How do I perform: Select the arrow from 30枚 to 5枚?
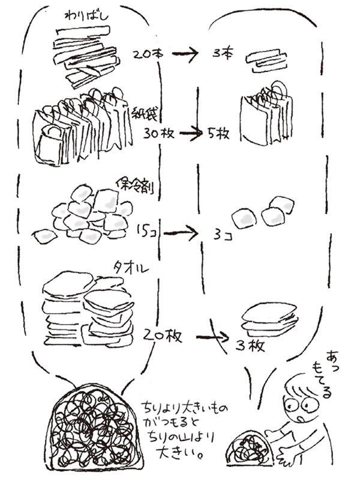tap(191, 133)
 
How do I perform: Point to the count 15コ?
tap(148, 230)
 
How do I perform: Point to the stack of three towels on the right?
tap(269, 318)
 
